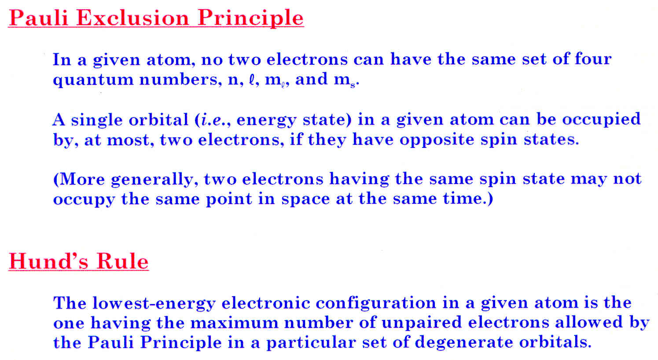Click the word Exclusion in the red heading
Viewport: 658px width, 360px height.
[x=132, y=18]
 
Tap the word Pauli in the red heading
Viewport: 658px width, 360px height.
[x=39, y=18]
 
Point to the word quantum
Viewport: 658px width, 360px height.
[x=93, y=80]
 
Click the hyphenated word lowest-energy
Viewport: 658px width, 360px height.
[x=154, y=304]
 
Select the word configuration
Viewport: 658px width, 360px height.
[x=373, y=304]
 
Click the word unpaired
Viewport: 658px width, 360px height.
[x=422, y=323]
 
